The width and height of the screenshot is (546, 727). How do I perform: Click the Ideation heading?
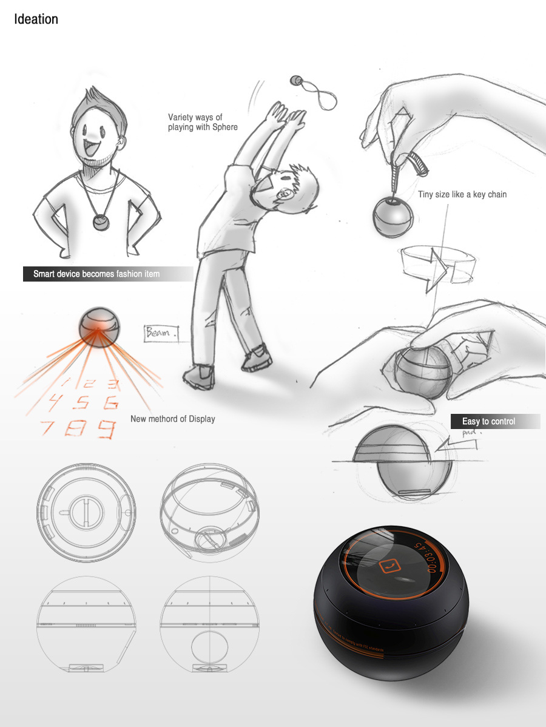(x=36, y=19)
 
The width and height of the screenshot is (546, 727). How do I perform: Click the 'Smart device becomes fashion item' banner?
(x=97, y=274)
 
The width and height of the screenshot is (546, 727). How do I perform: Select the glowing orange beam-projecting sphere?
(x=99, y=328)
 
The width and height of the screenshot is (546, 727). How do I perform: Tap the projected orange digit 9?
(x=107, y=430)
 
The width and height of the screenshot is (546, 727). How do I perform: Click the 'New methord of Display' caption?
(x=173, y=419)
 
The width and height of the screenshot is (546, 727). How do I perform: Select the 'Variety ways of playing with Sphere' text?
(x=203, y=122)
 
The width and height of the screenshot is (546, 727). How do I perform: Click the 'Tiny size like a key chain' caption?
(x=462, y=195)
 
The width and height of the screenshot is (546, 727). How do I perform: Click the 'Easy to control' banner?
(x=489, y=421)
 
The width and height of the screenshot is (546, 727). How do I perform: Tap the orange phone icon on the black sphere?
(x=386, y=566)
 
